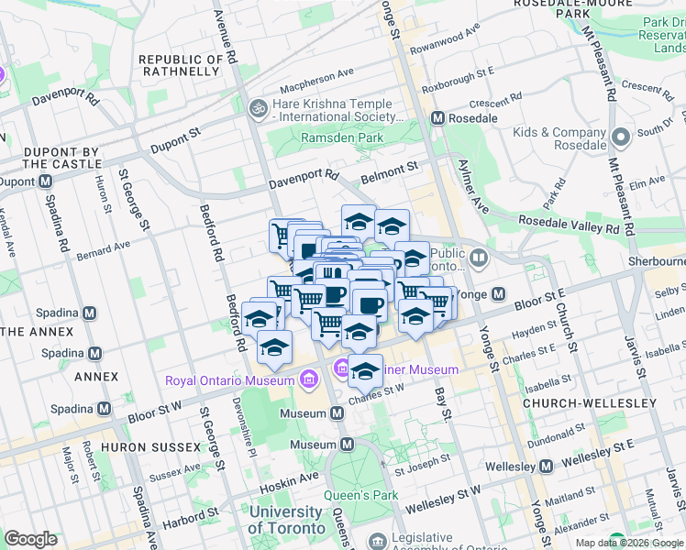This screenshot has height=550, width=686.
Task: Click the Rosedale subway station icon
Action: pyautogui.click(x=438, y=118)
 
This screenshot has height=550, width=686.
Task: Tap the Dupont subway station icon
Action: pyautogui.click(x=44, y=181)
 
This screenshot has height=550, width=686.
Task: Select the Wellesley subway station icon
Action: pyautogui.click(x=546, y=467)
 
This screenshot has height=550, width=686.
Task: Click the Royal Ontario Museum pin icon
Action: pyautogui.click(x=308, y=379)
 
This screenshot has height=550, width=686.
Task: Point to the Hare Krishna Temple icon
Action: pyautogui.click(x=259, y=109)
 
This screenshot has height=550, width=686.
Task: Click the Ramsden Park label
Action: pyautogui.click(x=343, y=137)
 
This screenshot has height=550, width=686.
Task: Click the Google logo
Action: pyautogui.click(x=30, y=539)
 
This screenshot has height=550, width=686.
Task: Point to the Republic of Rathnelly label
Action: pyautogui.click(x=181, y=67)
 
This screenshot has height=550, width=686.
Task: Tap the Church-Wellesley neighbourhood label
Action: pyautogui.click(x=589, y=403)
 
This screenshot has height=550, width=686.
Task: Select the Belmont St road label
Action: pyautogui.click(x=389, y=168)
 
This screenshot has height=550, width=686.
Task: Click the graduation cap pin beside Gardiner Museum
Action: pyautogui.click(x=365, y=369)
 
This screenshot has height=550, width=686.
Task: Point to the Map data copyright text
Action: pyautogui.click(x=627, y=543)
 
